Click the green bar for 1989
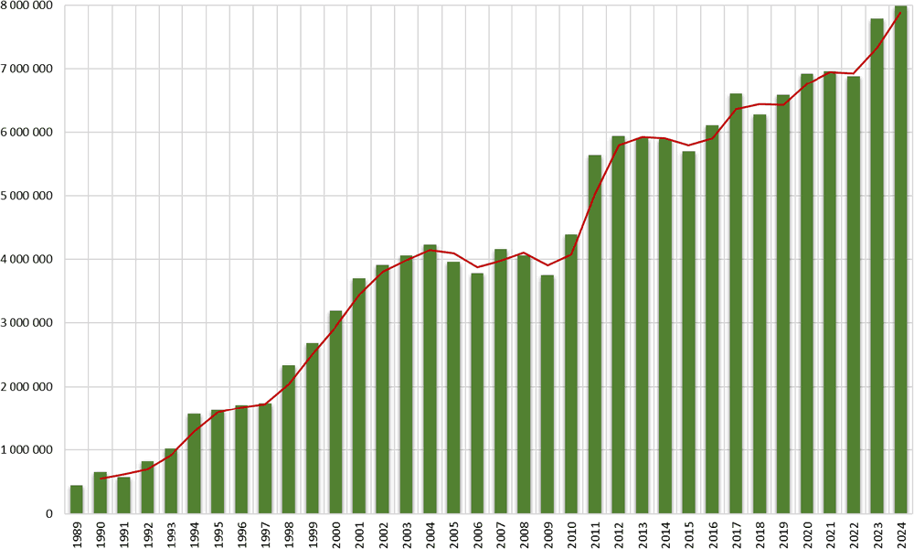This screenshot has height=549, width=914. [77, 500]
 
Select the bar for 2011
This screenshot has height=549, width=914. [595, 335]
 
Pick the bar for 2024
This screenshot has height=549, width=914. [900, 260]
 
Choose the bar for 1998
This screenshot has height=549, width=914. [289, 439]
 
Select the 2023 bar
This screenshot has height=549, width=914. [877, 266]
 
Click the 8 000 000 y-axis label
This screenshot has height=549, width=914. [27, 5]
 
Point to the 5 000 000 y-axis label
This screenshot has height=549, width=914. [27, 196]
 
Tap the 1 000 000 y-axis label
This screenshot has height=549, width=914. [27, 450]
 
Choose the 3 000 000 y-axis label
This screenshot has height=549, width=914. [27, 323]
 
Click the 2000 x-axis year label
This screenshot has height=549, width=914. [335, 533]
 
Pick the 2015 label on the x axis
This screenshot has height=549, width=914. [688, 533]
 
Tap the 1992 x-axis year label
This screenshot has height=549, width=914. [147, 533]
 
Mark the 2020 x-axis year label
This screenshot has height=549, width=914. [806, 533]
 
